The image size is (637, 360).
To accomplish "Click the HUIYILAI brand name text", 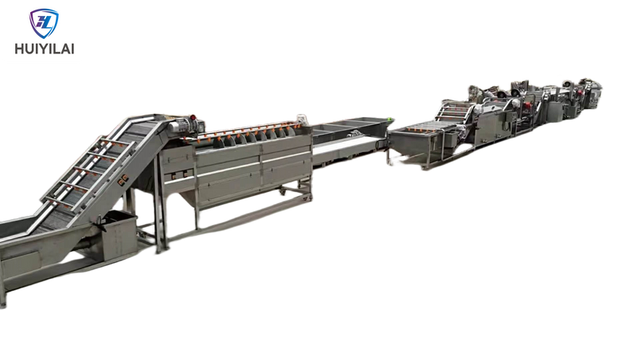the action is click(x=45, y=49).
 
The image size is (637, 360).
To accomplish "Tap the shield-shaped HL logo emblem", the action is click(x=44, y=24).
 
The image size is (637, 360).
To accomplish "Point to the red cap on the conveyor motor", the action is click(x=193, y=118).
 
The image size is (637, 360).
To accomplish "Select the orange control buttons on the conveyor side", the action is click(x=123, y=180).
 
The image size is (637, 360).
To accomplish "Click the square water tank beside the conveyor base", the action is click(x=119, y=235).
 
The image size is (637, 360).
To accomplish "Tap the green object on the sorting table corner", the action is click(x=389, y=119).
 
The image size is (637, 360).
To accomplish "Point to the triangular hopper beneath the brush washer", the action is click(x=188, y=202).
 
